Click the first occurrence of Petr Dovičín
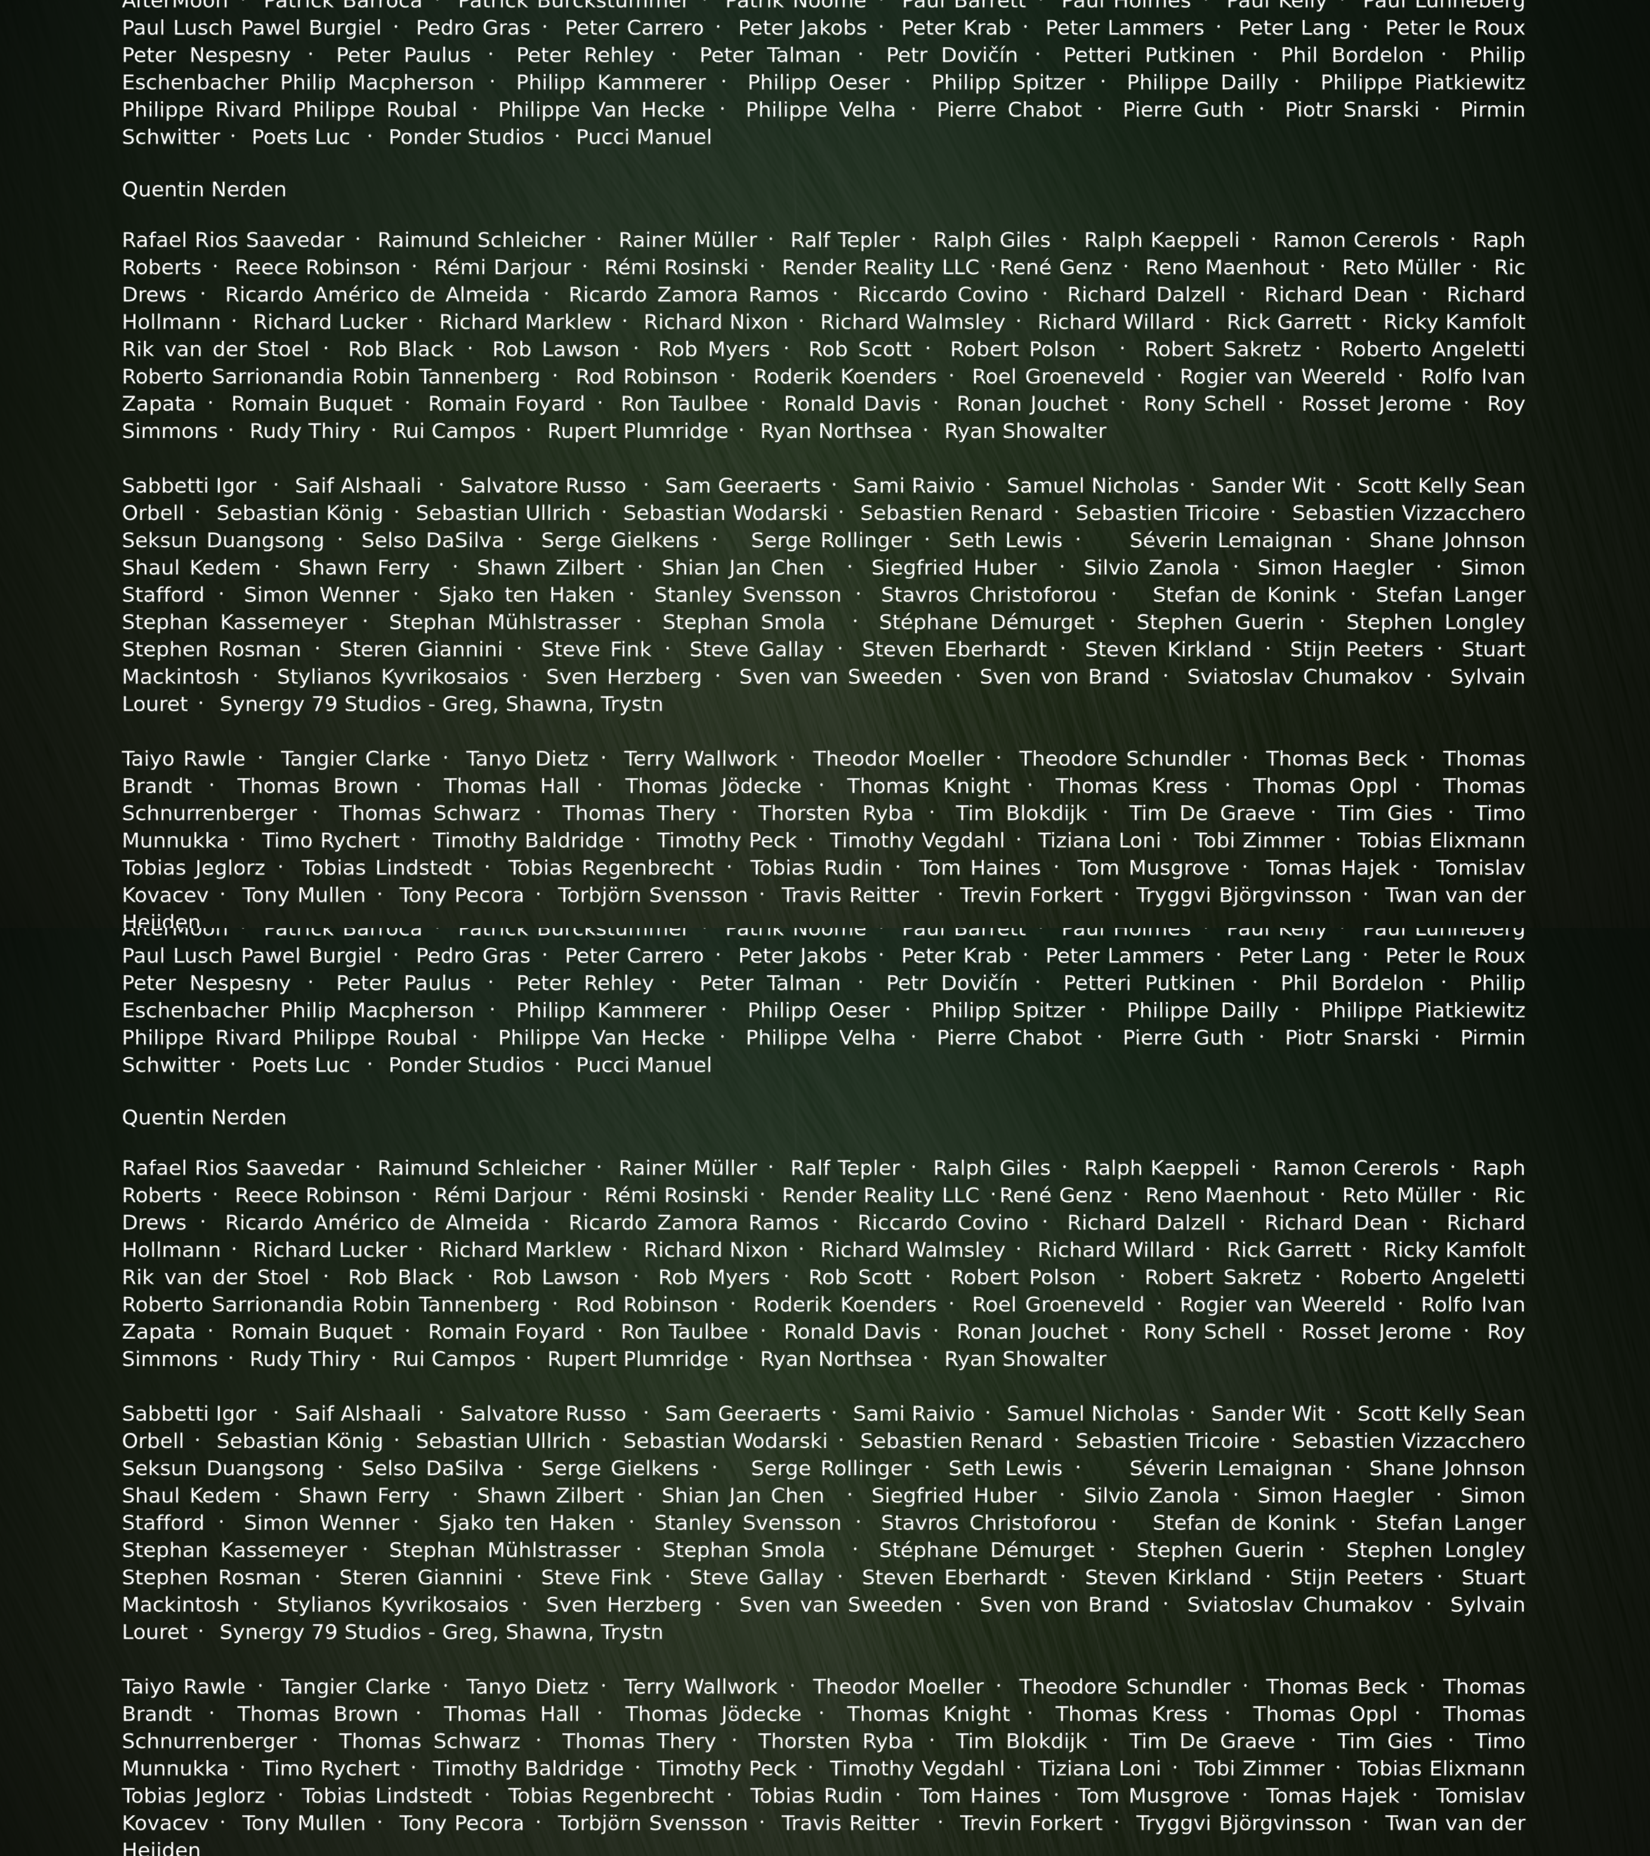pyautogui.click(x=952, y=55)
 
